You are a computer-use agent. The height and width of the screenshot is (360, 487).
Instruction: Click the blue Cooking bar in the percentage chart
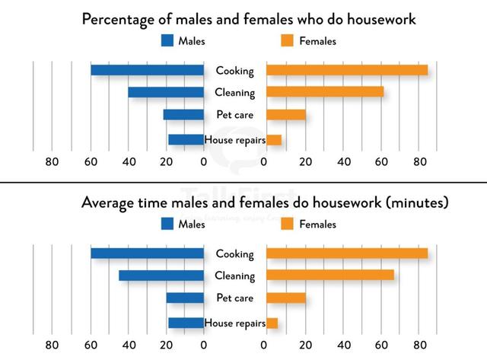pyautogui.click(x=147, y=70)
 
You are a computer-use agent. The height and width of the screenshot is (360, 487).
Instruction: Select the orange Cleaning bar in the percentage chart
pyautogui.click(x=324, y=92)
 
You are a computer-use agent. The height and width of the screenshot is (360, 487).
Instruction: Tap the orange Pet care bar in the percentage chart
pyautogui.click(x=285, y=115)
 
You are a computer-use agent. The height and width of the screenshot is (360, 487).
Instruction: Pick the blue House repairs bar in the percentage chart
pyautogui.click(x=186, y=139)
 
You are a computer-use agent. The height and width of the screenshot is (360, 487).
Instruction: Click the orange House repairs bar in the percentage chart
pyautogui.click(x=273, y=139)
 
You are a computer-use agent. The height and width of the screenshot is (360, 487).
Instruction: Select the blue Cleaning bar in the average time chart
pyautogui.click(x=161, y=276)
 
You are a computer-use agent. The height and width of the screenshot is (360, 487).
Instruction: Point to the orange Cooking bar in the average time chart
pyautogui.click(x=346, y=253)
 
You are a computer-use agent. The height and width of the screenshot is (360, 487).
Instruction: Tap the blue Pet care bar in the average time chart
pyautogui.click(x=185, y=298)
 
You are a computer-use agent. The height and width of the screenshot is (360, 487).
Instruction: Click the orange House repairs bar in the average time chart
pyautogui.click(x=272, y=323)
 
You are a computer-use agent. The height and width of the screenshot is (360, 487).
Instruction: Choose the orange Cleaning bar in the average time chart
pyautogui.click(x=329, y=276)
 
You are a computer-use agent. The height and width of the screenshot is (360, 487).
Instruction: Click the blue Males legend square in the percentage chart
pyautogui.click(x=167, y=41)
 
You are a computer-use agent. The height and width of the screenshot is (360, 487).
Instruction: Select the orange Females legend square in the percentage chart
pyautogui.click(x=288, y=41)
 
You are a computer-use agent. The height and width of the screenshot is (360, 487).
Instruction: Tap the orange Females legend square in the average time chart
pyautogui.click(x=288, y=224)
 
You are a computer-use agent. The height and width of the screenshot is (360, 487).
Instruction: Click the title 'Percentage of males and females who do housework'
pyautogui.click(x=249, y=19)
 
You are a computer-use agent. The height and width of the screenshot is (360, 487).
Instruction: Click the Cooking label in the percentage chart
pyautogui.click(x=234, y=70)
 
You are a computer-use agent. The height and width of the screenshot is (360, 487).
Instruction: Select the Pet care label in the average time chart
pyautogui.click(x=234, y=298)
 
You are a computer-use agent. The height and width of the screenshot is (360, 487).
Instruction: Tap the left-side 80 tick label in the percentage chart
pyautogui.click(x=52, y=161)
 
